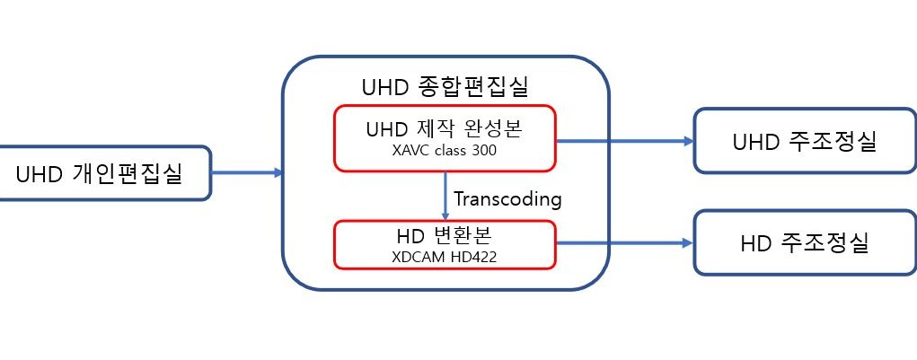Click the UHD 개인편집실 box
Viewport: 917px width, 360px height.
click(104, 173)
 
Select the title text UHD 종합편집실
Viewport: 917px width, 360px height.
click(445, 88)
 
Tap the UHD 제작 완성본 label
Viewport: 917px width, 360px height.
click(444, 129)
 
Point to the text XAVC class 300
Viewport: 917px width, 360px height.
click(445, 152)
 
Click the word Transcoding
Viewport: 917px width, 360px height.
click(507, 199)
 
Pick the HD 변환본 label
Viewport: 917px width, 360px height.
click(444, 235)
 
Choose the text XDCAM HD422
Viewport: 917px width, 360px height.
click(445, 257)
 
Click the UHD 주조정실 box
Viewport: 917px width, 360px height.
click(805, 141)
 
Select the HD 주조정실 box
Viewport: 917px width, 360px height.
click(805, 243)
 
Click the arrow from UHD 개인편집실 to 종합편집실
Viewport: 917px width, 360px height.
click(247, 173)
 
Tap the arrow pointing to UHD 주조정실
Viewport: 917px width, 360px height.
click(624, 141)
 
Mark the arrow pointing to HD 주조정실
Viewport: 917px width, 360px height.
click(624, 243)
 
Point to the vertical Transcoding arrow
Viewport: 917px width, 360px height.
click(445, 196)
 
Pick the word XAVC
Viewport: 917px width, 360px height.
click(412, 152)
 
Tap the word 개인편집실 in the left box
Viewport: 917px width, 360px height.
click(128, 173)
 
